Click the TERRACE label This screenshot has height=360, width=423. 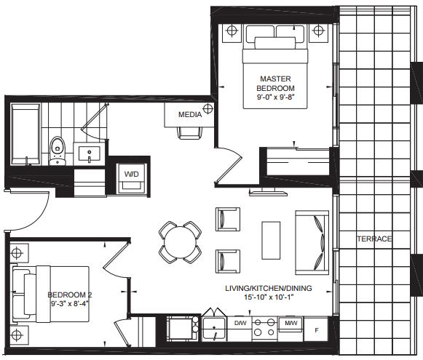coord(374,239)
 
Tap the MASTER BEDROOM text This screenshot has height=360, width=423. coord(275,83)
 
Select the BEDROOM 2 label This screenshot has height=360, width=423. coord(70,295)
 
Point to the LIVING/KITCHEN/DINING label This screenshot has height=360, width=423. coord(269,288)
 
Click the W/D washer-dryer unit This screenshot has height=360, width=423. coord(132,178)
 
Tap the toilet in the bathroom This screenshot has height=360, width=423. coord(58,151)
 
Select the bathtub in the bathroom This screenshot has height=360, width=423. coord(25,135)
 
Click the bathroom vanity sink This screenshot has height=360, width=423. coord(90,153)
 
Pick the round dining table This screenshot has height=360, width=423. coord(180,242)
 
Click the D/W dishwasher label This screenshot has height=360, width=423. coord(240,322)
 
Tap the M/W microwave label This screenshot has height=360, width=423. coord(290,323)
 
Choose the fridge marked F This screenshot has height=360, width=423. coord(316,329)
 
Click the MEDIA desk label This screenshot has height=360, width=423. coord(190,114)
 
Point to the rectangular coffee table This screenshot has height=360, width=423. coord(271,240)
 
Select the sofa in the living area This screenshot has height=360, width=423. coord(312,242)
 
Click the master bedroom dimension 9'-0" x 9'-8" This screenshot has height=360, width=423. coord(275,97)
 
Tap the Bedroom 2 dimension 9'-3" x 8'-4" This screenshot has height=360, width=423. coord(70,304)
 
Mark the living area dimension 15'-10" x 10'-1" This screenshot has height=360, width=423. coord(269,297)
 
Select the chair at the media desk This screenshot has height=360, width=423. coord(190,133)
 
